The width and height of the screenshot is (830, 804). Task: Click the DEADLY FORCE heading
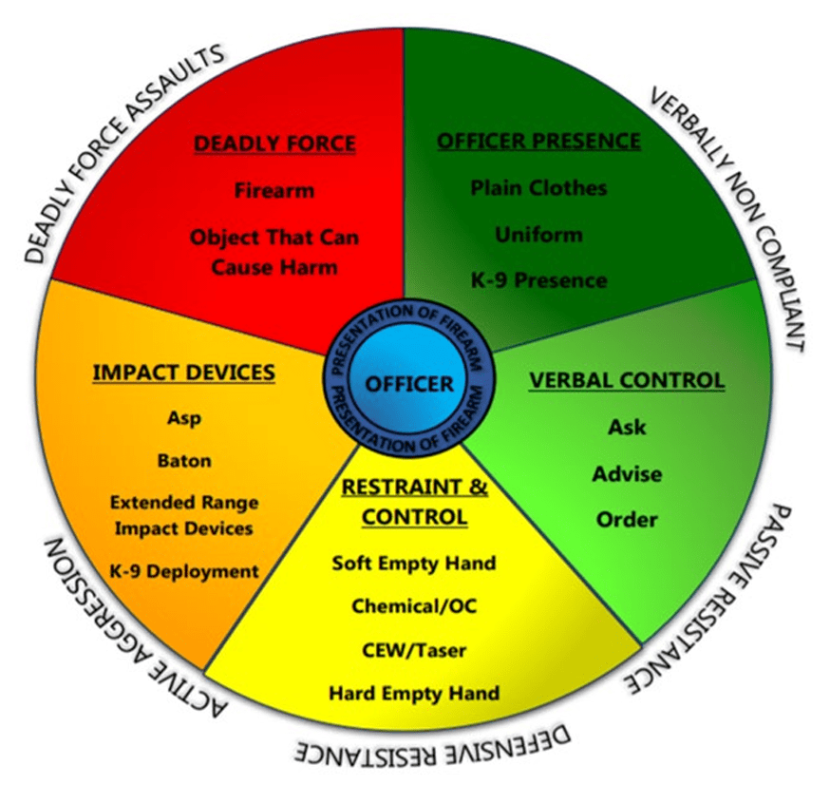point(274,144)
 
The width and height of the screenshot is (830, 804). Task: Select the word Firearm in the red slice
point(274,190)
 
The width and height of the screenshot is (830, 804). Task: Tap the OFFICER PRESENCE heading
point(538,142)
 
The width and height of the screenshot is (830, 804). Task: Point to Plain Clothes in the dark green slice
point(538,187)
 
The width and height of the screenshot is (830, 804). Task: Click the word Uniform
point(538,234)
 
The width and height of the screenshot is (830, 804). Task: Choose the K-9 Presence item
point(538,280)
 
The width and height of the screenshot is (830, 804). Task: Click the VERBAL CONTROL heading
point(627,380)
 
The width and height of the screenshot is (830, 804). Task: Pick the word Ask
point(627,427)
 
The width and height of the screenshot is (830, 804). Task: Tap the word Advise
point(627,473)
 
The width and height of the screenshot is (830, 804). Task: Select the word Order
point(627,520)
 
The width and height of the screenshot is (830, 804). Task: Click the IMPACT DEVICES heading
point(183,373)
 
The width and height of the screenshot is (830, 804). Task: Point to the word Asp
point(184,418)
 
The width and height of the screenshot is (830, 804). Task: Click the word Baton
point(184,461)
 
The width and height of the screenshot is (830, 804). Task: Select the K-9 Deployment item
point(184,571)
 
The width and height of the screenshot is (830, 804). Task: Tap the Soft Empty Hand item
point(413,563)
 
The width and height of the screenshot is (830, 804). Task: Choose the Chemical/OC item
point(413,605)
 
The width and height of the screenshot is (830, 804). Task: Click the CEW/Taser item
point(413,650)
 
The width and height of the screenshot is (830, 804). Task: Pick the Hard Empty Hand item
point(413,693)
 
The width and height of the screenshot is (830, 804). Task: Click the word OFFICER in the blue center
point(408,384)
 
